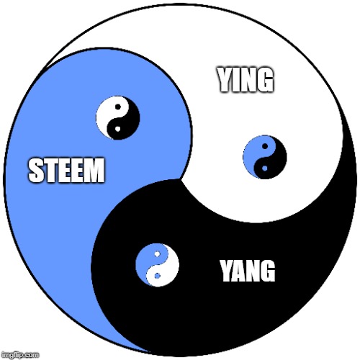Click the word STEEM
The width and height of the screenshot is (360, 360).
66,170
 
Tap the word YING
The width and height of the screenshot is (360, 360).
246,80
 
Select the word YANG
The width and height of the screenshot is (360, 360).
248,271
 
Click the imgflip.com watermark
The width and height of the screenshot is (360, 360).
19,355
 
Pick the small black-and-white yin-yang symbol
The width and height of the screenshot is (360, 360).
118,117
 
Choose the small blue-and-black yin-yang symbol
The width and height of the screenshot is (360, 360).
265,157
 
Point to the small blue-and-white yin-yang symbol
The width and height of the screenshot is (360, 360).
157,265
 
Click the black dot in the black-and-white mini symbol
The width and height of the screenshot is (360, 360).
118,107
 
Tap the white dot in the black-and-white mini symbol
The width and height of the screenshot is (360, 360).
117,129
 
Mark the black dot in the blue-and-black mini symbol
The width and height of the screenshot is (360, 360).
265,146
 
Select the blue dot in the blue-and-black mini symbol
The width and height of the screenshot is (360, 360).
265,168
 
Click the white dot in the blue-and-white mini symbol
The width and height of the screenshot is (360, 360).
157,254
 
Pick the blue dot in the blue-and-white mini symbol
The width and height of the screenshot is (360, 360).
157,276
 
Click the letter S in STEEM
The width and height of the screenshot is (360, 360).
35,171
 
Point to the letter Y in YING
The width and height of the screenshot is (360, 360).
225,80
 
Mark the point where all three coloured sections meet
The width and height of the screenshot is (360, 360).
181,179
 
